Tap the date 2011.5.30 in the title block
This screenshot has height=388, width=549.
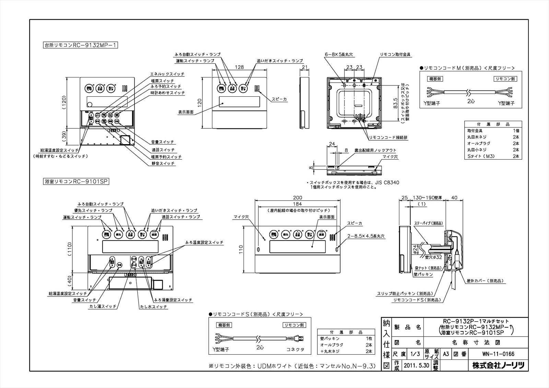click(x=416, y=366)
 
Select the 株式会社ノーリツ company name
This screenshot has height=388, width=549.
click(x=498, y=366)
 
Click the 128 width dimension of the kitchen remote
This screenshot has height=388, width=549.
click(x=240, y=68)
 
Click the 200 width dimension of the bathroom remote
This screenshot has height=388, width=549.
click(x=297, y=198)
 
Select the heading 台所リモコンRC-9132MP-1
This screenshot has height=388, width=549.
click(x=80, y=45)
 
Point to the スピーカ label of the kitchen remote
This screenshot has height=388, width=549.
click(x=279, y=99)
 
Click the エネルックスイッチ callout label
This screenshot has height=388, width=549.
click(x=167, y=74)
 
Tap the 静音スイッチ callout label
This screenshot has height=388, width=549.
click(x=163, y=164)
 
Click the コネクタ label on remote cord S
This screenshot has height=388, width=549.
click(x=295, y=349)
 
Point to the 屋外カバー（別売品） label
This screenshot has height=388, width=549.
click(x=485, y=281)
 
